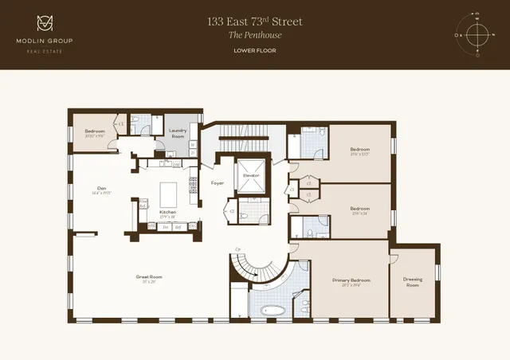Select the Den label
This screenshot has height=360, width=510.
pos(100,190)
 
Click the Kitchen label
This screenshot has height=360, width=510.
pos(168,213)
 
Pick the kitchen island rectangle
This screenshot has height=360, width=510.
pos(170,194)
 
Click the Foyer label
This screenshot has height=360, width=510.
pos(217,184)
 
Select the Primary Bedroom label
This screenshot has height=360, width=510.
pos(351,281)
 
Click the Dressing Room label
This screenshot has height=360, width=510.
pos(413,281)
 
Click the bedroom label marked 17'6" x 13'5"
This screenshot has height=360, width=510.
pos(360,151)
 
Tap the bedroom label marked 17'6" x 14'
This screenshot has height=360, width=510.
pos(360,210)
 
